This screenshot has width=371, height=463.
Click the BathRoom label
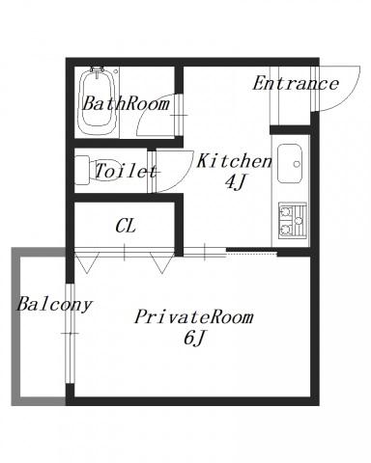point(126,103)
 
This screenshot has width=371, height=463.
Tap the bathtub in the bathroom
point(97,101)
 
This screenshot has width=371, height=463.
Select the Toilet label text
point(126,171)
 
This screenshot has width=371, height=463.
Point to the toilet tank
point(82,170)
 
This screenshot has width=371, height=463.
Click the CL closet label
point(126,226)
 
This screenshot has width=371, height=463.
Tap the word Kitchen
point(234,161)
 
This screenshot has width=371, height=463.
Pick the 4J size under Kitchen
point(235,182)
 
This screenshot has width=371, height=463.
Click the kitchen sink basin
point(290,163)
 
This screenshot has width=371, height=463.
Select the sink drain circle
point(297,164)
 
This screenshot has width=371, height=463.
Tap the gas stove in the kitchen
point(293,220)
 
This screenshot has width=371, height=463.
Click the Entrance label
point(296,84)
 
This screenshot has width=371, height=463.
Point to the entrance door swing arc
point(351,96)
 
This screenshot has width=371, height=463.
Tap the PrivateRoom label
point(194,317)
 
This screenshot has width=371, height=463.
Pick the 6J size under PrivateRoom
point(194,339)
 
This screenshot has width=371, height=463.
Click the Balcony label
point(55,304)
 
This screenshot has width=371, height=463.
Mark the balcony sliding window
point(70,334)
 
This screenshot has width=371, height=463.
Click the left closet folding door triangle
point(87,263)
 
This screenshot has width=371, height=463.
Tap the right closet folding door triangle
point(162,263)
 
